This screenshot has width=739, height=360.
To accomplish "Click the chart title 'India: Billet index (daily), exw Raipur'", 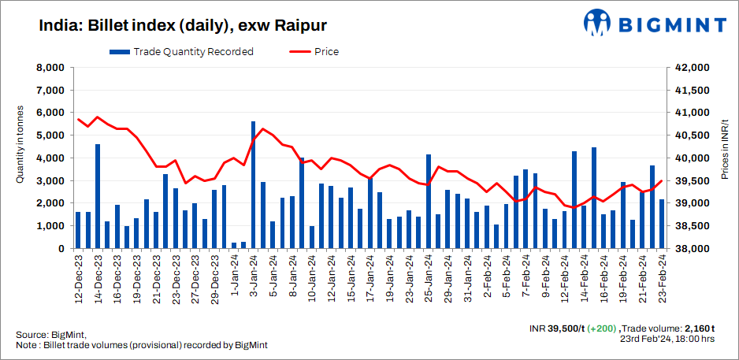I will point(184,25).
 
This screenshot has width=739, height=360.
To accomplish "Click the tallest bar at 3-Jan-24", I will point(253,185).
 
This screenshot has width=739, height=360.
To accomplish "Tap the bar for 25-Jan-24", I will point(429,201).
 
